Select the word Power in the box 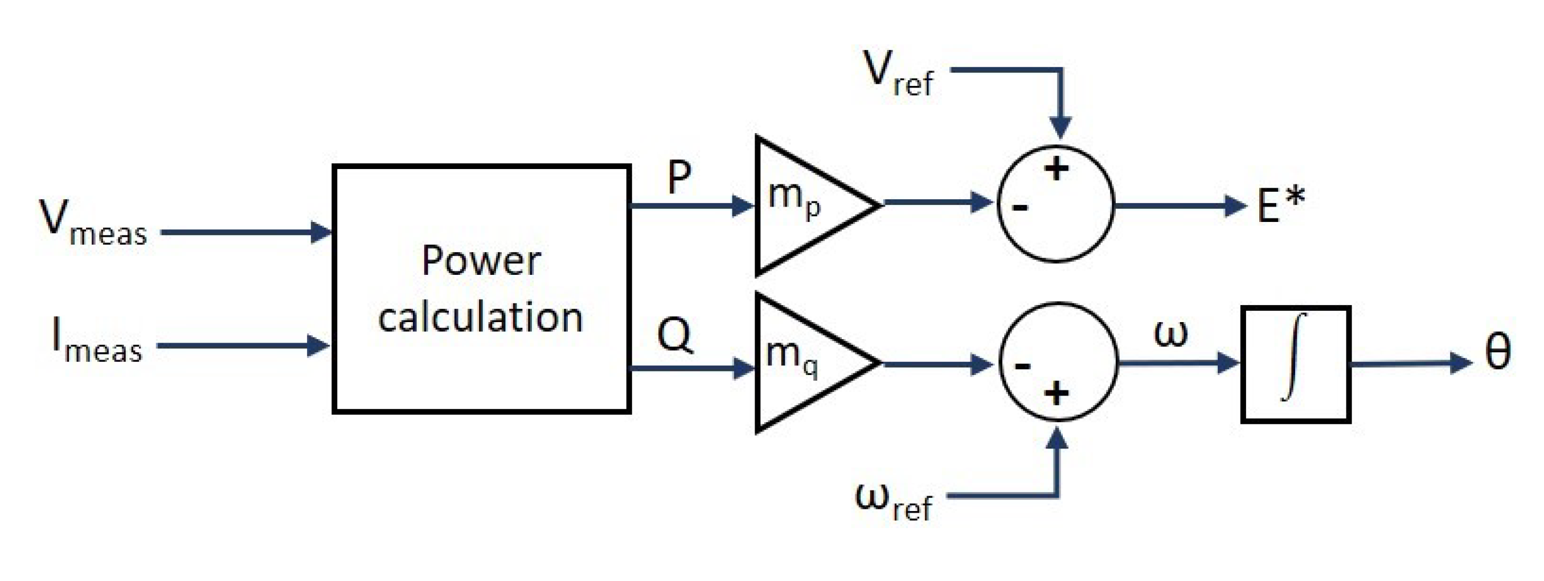point(481,262)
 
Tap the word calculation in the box point(481,318)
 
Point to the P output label point(678,178)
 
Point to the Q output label point(675,335)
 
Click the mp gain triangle point(806,205)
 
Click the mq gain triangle point(806,363)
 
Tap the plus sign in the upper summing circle point(1056,169)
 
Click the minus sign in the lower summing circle point(1022,365)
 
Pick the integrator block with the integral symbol point(1295,364)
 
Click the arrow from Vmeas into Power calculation point(245,232)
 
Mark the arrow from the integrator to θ point(1408,363)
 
